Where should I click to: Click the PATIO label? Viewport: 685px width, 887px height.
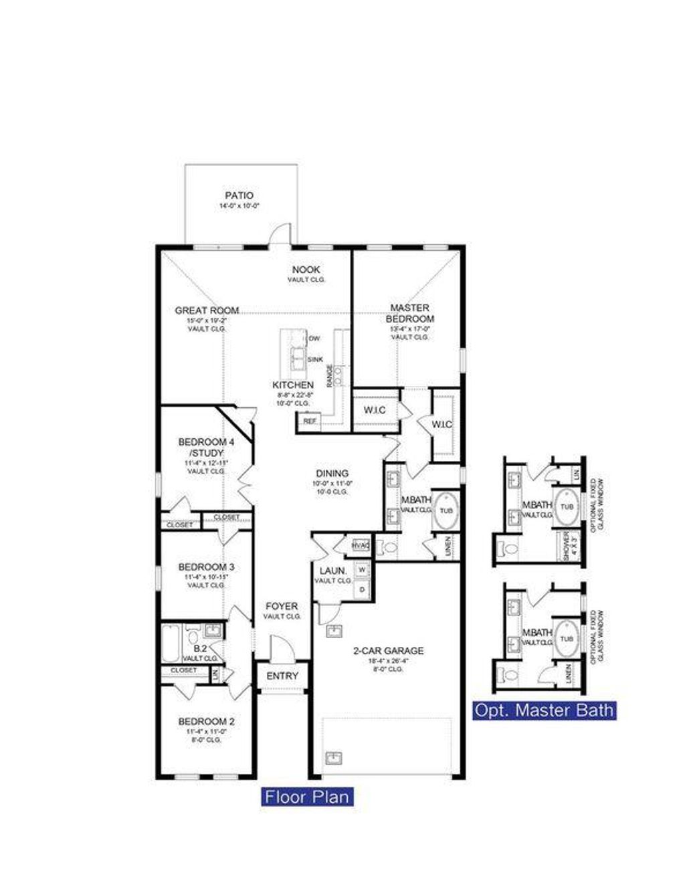239,196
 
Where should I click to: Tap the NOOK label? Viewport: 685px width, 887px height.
306,270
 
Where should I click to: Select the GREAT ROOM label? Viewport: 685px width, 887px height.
207,310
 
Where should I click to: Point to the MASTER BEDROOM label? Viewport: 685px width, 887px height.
409,313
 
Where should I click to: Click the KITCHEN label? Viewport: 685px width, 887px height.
293,385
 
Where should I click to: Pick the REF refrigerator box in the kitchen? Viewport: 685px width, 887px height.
309,421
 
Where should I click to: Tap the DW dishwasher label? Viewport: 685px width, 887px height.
314,339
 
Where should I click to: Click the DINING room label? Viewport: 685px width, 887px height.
332,474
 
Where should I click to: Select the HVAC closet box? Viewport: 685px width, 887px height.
361,546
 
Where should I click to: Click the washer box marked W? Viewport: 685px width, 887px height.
362,570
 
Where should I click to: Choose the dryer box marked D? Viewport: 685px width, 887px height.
362,589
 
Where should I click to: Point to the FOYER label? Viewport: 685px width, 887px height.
282,606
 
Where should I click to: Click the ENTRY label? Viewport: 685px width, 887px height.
282,676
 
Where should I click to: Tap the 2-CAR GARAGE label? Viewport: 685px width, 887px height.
388,650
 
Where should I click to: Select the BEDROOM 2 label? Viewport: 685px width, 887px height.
206,722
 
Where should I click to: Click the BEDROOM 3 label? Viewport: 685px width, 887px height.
206,567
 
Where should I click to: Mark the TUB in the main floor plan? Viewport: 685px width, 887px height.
446,511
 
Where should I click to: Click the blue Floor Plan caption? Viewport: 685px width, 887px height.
307,797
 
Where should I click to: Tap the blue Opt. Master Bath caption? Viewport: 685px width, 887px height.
544,710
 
